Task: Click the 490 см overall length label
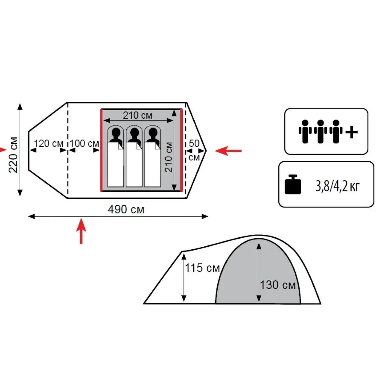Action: tap(126, 210)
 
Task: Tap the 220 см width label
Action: tap(13, 155)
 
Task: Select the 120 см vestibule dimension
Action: tap(48, 144)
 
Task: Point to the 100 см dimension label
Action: tap(84, 144)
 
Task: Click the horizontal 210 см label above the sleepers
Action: tap(137, 115)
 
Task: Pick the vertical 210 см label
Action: tap(168, 157)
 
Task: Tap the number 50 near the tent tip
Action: tap(194, 144)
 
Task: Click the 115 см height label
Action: tap(202, 268)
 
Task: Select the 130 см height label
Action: tap(278, 285)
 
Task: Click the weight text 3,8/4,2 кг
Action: tap(337, 187)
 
